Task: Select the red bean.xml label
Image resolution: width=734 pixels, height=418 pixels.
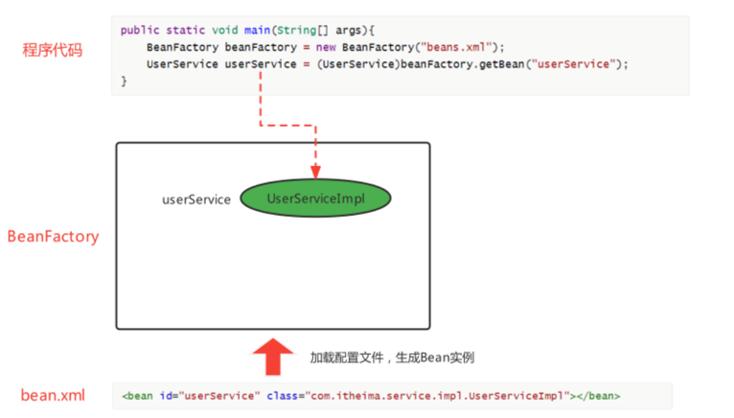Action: click(54, 395)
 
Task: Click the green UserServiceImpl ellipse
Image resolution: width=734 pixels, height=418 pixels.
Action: click(315, 198)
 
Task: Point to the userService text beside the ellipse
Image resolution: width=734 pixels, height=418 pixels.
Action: click(196, 199)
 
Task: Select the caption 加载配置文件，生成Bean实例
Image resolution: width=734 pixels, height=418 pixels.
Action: click(392, 358)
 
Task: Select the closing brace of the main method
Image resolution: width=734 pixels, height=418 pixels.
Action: click(125, 81)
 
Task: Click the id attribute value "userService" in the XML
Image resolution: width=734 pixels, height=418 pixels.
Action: click(219, 395)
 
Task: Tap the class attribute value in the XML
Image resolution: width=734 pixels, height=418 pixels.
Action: click(434, 395)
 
